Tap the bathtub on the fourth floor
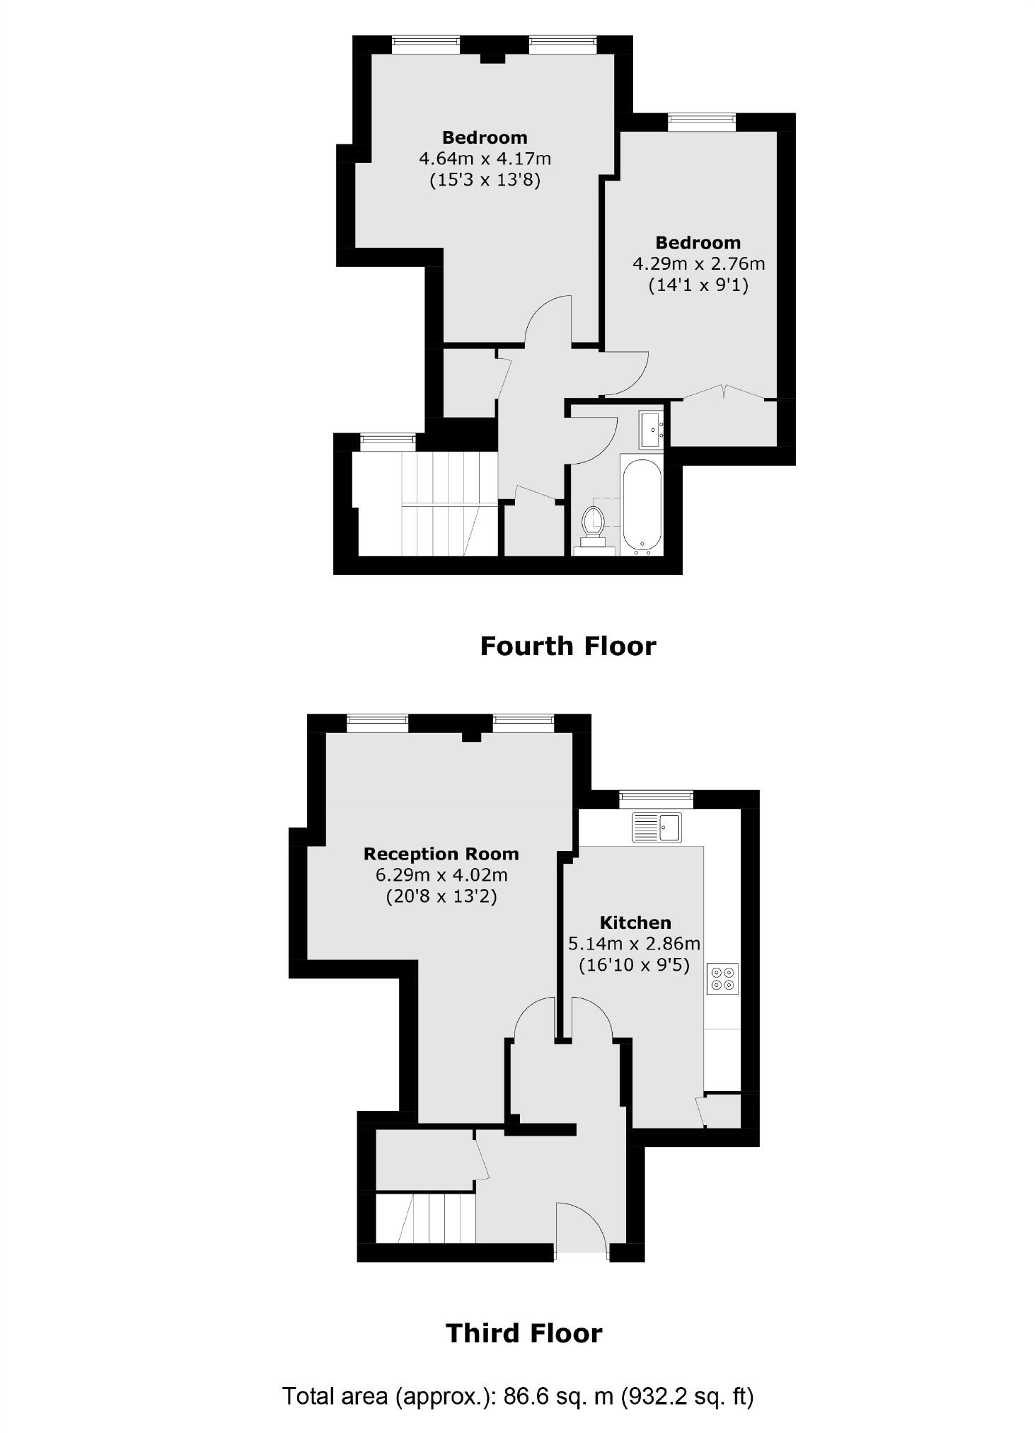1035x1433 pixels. (641, 504)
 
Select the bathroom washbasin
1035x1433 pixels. (652, 429)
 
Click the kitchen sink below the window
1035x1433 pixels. (657, 827)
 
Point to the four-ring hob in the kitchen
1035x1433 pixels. (722, 978)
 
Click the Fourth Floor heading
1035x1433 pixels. (567, 646)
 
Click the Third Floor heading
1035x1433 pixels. (524, 1333)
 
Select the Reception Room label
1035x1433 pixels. (441, 854)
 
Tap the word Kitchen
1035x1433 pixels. (635, 923)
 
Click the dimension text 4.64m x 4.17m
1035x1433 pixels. (485, 158)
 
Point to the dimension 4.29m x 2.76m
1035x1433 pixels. (698, 264)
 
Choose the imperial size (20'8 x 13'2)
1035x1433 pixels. (441, 896)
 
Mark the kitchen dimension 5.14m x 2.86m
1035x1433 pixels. (634, 944)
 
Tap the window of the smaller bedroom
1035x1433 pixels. (702, 122)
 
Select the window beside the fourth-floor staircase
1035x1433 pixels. (387, 442)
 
